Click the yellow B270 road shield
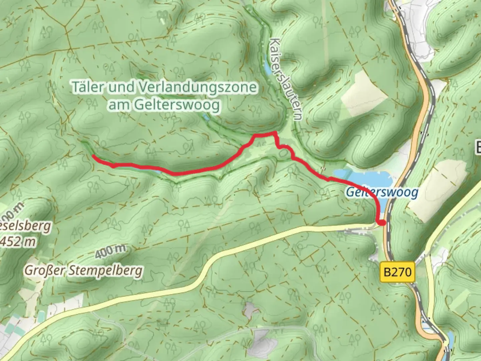point(397,272)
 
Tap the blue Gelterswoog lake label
point(382,193)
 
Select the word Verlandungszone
point(197,88)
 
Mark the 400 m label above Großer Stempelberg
point(110,251)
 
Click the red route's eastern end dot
point(381,222)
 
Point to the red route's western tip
point(93,156)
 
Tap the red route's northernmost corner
point(275,133)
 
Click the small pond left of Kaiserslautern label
point(268,69)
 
